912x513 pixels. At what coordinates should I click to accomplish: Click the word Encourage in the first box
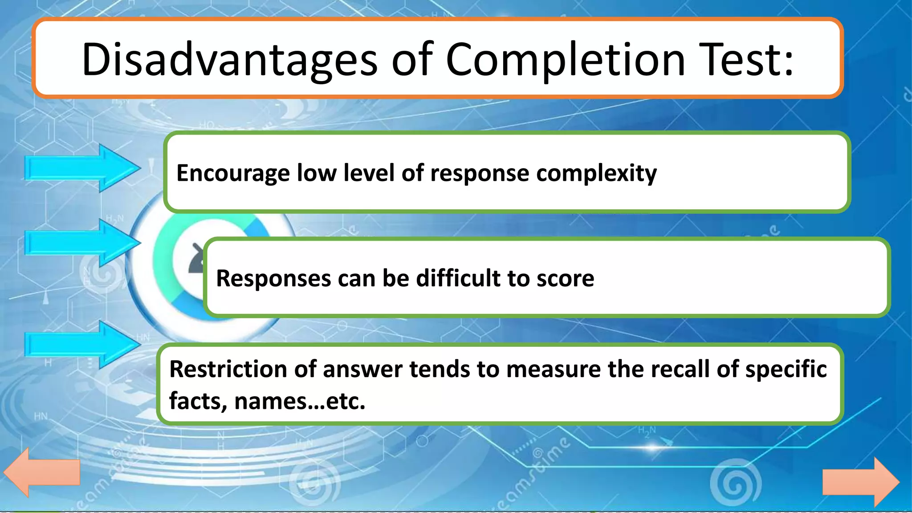coord(233,173)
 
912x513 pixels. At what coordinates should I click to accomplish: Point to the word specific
coord(786,369)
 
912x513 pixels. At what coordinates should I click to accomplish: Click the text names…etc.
coord(299,401)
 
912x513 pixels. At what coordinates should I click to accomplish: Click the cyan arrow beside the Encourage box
coord(82,168)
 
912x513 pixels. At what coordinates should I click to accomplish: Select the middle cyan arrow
coord(82,243)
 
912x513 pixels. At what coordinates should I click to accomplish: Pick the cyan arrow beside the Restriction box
coord(82,345)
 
